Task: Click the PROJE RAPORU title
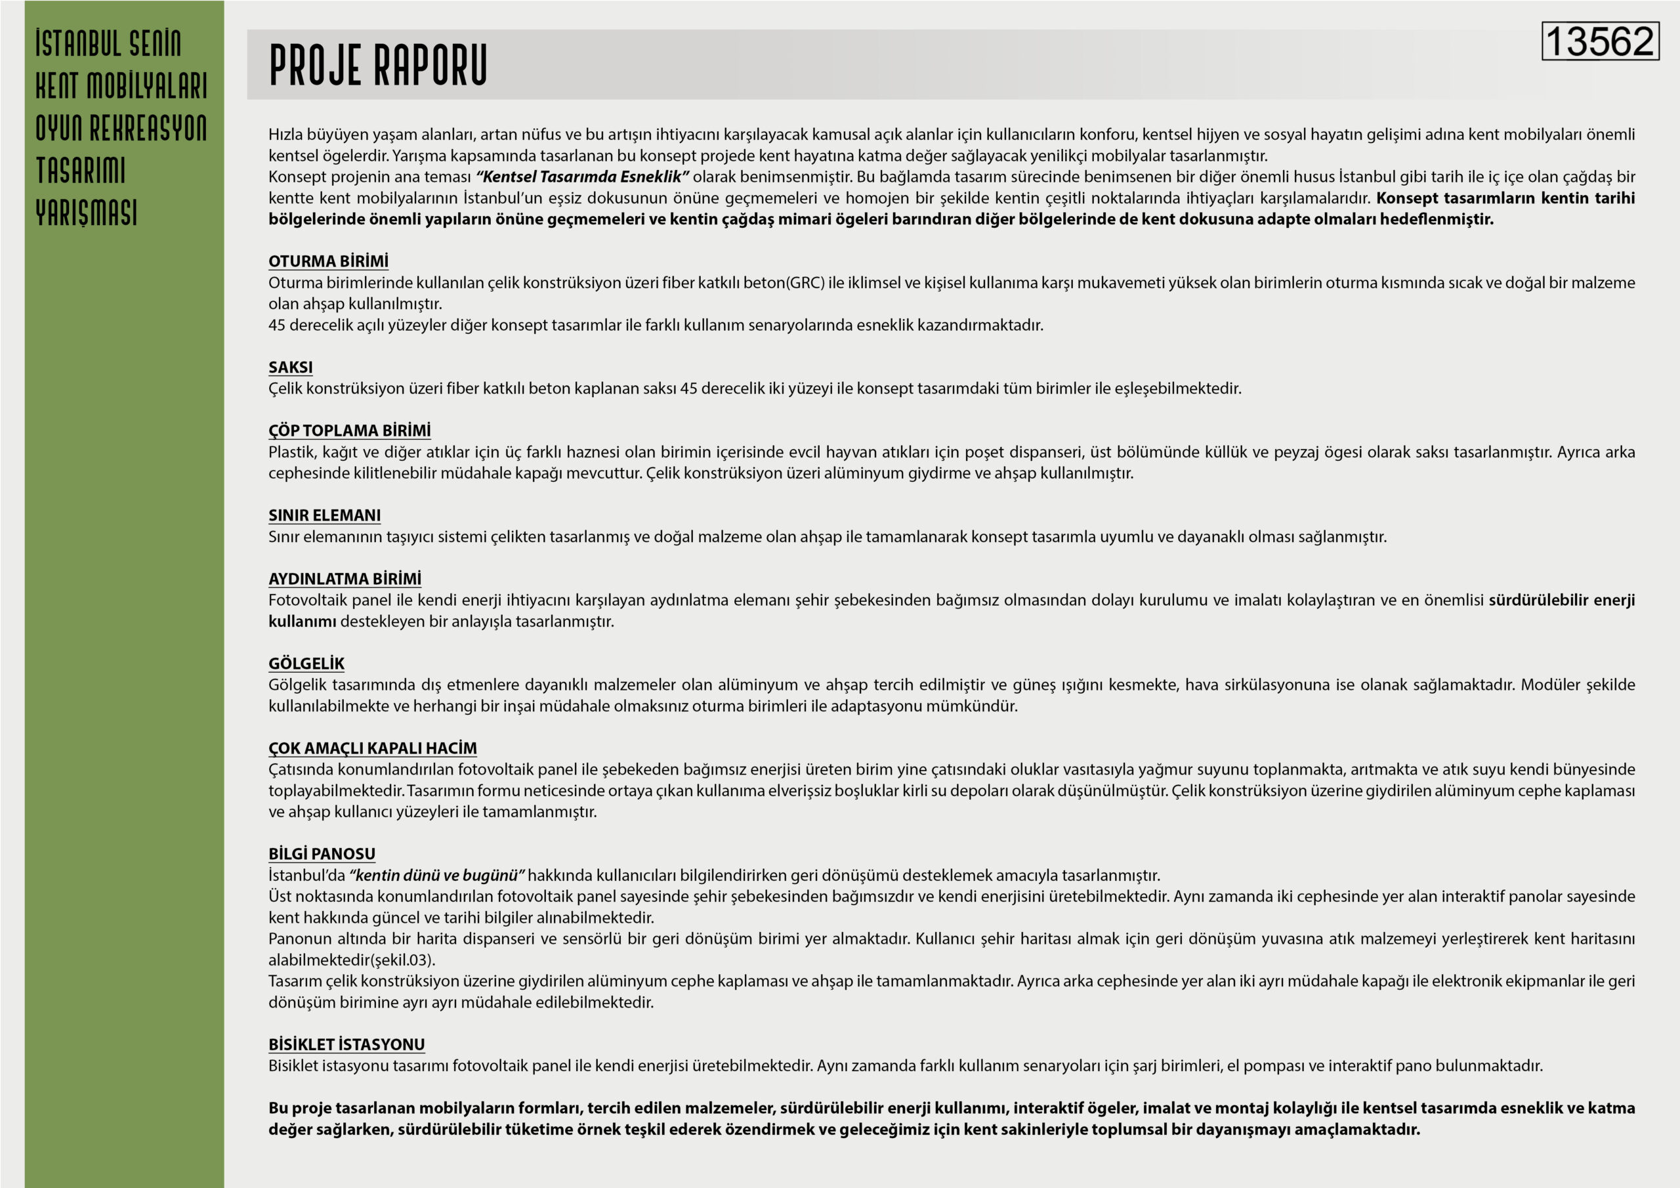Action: (377, 65)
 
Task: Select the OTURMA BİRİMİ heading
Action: (328, 261)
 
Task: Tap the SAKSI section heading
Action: (291, 368)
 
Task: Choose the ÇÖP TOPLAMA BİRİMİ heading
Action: (349, 431)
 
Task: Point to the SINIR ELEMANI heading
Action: (324, 515)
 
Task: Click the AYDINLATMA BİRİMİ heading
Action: (345, 579)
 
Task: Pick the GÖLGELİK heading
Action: (306, 664)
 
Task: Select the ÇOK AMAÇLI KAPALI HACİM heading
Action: (373, 748)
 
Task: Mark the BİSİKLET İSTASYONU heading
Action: (346, 1044)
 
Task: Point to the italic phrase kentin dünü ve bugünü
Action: (437, 876)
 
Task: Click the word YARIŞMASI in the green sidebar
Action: (87, 213)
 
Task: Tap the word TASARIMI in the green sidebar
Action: (81, 171)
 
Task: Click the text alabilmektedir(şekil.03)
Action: (351, 960)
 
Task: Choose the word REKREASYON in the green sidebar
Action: (148, 128)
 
